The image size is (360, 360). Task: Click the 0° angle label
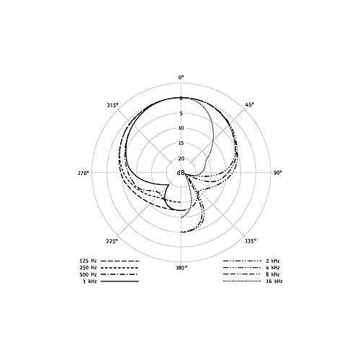181,77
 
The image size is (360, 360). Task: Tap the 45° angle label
249,104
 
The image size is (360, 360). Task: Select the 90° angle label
278,173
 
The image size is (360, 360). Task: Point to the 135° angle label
251,241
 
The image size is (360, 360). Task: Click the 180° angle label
181,268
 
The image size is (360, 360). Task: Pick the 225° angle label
112,241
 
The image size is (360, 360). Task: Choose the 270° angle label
83,173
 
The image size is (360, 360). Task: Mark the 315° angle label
113,105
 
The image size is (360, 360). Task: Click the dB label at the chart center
181,173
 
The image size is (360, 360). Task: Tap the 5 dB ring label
181,114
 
